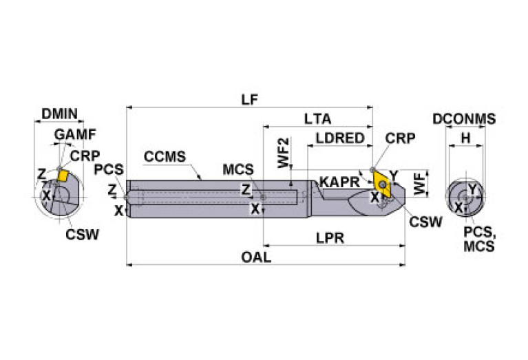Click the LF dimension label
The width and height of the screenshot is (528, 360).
coord(249,99)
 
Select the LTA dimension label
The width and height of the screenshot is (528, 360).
coord(317,118)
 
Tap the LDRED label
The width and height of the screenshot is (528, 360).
coord(339,138)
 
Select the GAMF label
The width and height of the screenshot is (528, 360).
coord(75,134)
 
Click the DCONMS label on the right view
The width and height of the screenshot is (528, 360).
coord(463,119)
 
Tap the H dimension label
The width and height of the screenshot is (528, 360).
coord(465,138)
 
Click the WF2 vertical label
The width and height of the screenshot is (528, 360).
coord(283,153)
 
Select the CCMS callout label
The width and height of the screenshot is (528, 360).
coord(165,156)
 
